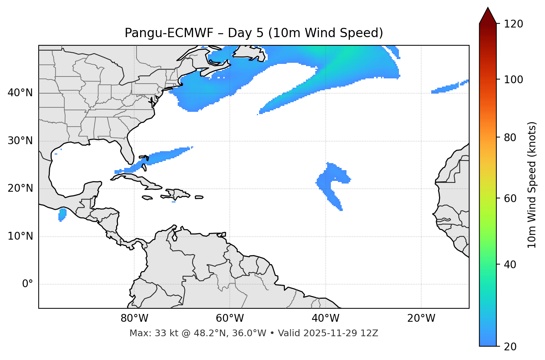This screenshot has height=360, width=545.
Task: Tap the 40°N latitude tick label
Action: pyautogui.click(x=20, y=93)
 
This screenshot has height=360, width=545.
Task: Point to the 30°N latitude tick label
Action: pyautogui.click(x=20, y=141)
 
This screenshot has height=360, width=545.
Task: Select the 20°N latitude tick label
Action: pyautogui.click(x=20, y=188)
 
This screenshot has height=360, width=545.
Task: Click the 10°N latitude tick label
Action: pyautogui.click(x=20, y=236)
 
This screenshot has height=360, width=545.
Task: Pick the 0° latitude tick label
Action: pyautogui.click(x=28, y=284)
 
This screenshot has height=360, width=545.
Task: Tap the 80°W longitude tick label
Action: pyautogui.click(x=134, y=318)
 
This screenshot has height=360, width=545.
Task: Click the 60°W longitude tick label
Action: pyautogui.click(x=230, y=318)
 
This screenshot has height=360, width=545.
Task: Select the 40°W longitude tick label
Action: pyautogui.click(x=325, y=318)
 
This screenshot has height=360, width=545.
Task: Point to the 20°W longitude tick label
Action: pyautogui.click(x=421, y=318)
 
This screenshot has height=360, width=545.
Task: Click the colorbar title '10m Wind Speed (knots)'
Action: pyautogui.click(x=532, y=185)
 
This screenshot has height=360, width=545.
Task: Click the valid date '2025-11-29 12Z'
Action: pyautogui.click(x=341, y=333)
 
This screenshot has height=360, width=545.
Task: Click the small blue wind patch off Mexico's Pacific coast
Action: pyautogui.click(x=62, y=215)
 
